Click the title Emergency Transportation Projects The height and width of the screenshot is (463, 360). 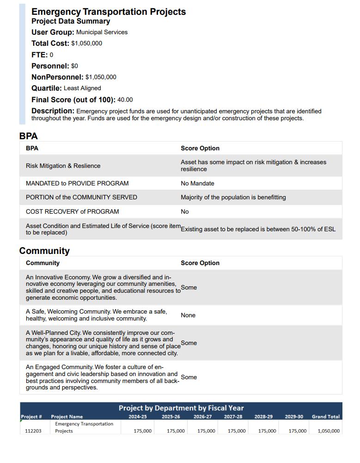click(109, 12)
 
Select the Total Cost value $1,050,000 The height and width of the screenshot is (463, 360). click(87, 43)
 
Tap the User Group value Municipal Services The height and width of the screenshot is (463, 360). click(102, 32)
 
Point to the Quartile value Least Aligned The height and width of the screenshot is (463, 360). click(82, 88)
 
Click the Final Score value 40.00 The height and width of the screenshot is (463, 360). click(125, 100)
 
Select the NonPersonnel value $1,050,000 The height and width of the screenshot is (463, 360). click(101, 77)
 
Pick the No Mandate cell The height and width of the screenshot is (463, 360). click(197, 184)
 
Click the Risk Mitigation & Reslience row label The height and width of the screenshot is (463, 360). click(63, 166)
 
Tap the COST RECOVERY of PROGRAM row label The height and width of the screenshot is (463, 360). click(72, 212)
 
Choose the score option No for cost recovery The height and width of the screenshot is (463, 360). click(185, 212)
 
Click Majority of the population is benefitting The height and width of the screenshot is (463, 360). click(233, 198)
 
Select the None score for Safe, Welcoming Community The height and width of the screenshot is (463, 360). click(188, 315)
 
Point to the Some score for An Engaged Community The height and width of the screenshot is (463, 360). click(189, 377)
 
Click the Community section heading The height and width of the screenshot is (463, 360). click(44, 251)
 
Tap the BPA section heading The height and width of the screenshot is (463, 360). click(28, 136)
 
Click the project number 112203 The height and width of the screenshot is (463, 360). click(33, 431)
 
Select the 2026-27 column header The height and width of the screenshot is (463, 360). click(202, 417)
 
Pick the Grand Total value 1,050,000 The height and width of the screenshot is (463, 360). click(329, 431)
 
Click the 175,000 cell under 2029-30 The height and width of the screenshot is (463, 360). click(298, 431)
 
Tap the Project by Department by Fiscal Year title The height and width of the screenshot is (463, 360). click(181, 408)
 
